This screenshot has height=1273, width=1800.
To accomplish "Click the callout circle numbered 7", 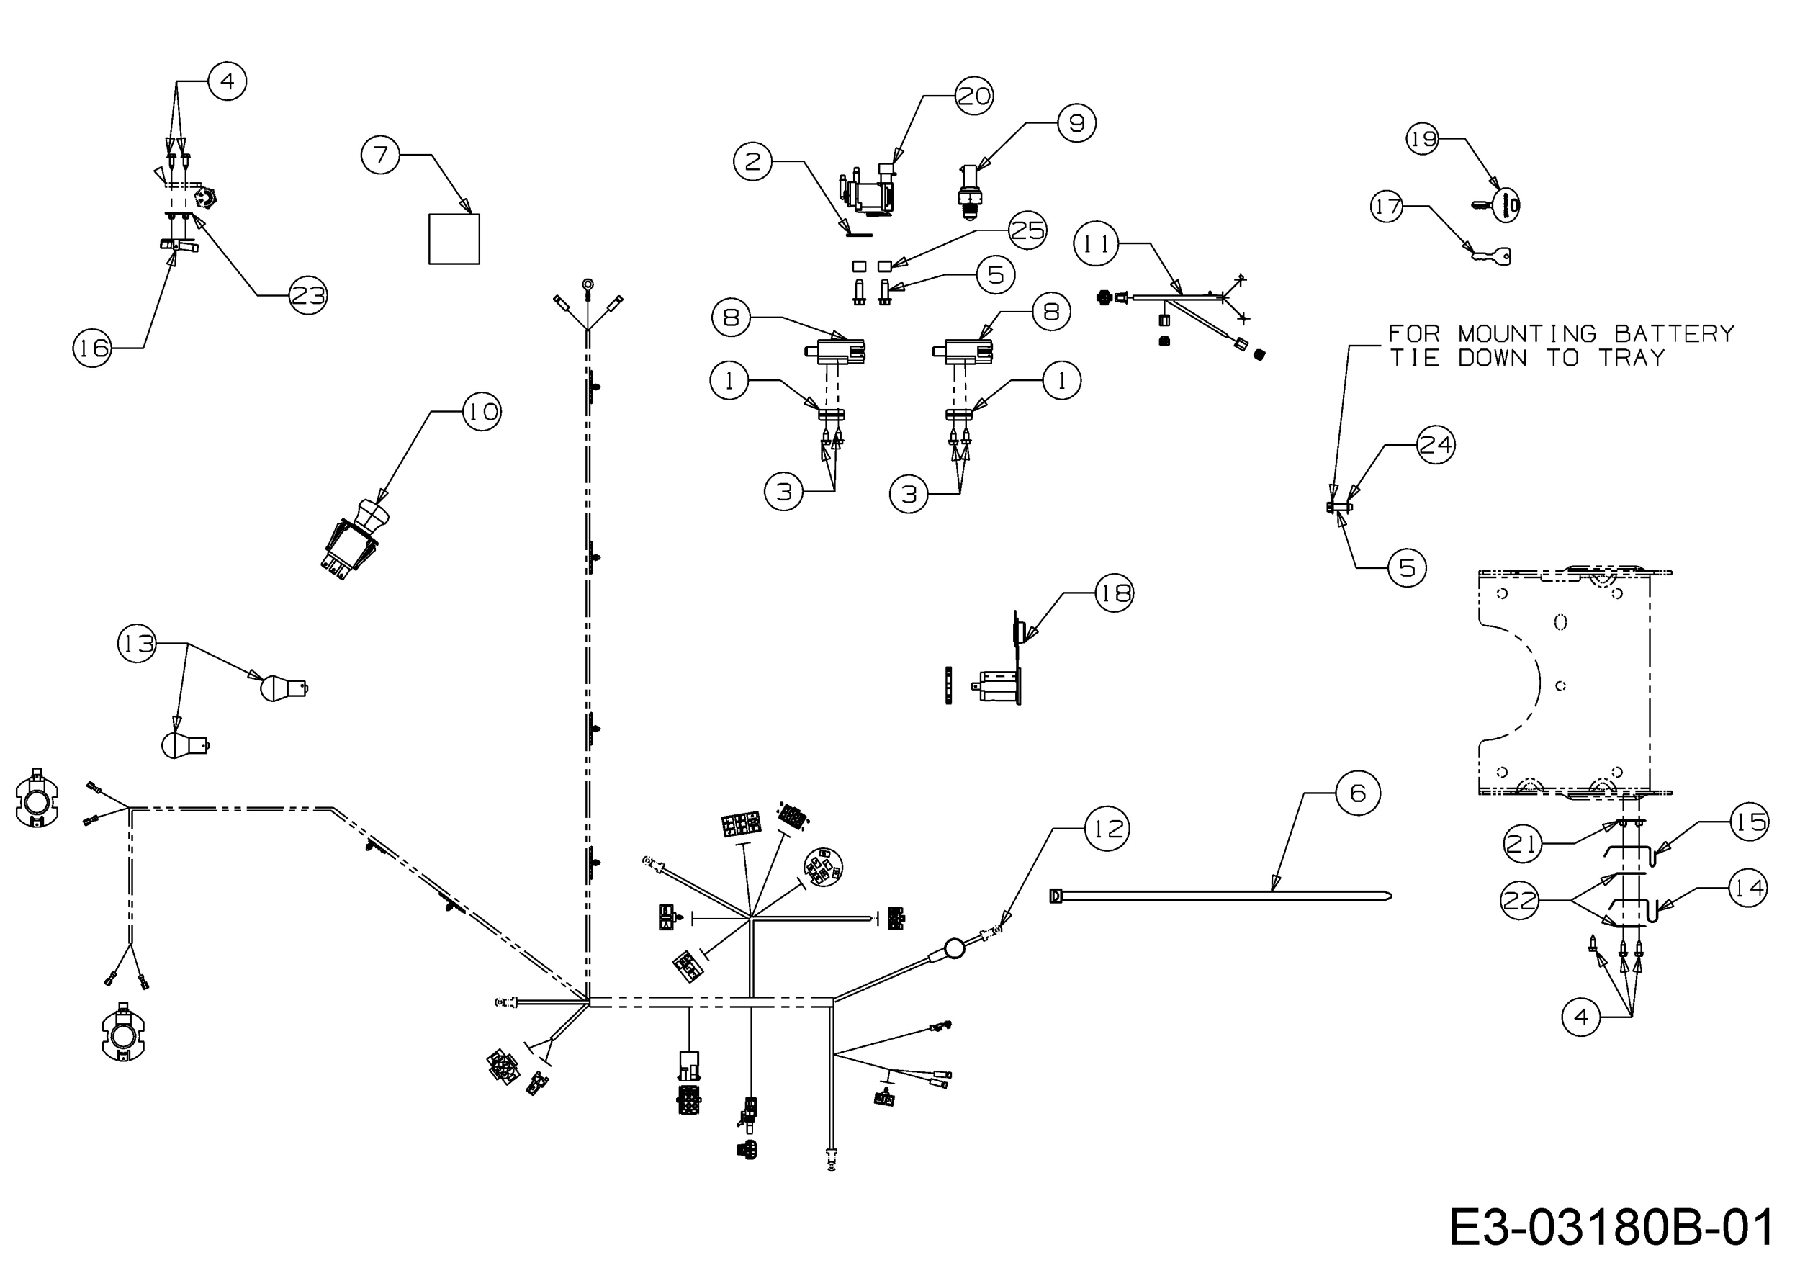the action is (380, 154).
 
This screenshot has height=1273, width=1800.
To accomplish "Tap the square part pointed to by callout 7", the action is (454, 239).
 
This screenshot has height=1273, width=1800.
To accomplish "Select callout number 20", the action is (974, 96).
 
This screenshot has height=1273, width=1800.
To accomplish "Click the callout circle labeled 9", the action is (1076, 123).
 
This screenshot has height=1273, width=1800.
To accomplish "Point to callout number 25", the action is (1027, 230).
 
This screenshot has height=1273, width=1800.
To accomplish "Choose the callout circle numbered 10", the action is (482, 412).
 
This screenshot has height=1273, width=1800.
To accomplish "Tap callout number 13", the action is (138, 644).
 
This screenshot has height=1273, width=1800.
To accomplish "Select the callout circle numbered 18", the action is (1114, 593).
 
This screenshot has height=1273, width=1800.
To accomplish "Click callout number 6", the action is (1358, 793).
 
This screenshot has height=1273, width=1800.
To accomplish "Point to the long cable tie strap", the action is (1220, 895).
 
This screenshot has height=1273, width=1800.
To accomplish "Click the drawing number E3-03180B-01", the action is (1611, 1227).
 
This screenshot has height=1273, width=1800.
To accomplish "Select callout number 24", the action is (1436, 444).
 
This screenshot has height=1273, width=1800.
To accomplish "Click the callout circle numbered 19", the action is (1423, 139).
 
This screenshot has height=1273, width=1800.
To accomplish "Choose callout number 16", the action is (92, 347).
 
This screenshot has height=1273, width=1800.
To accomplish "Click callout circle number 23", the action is (307, 295).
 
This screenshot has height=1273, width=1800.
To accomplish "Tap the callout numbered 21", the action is (1523, 843).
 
